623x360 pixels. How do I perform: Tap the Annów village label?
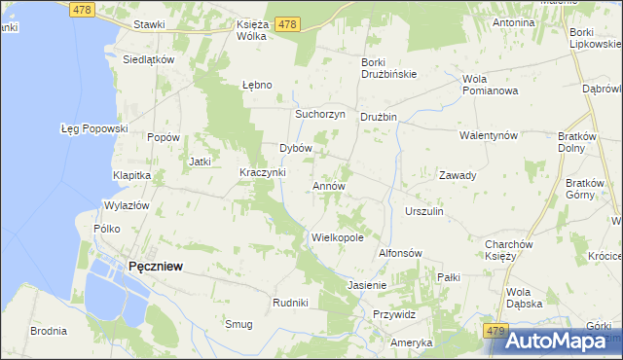[x=329, y=185]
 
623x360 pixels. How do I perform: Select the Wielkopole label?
[x=337, y=236]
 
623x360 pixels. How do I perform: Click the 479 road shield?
[x=495, y=332]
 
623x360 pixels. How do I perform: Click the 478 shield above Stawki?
[x=82, y=9]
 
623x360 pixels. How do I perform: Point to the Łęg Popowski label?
[x=94, y=127]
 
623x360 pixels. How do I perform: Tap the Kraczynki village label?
[x=263, y=172]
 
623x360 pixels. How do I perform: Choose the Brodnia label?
[x=48, y=331]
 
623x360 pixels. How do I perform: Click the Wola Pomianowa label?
[x=491, y=84]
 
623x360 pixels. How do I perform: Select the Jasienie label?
[x=367, y=285]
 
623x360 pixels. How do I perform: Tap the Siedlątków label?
[x=148, y=58]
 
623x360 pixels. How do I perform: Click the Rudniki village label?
[x=290, y=303]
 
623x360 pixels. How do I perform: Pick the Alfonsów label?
[x=399, y=252]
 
